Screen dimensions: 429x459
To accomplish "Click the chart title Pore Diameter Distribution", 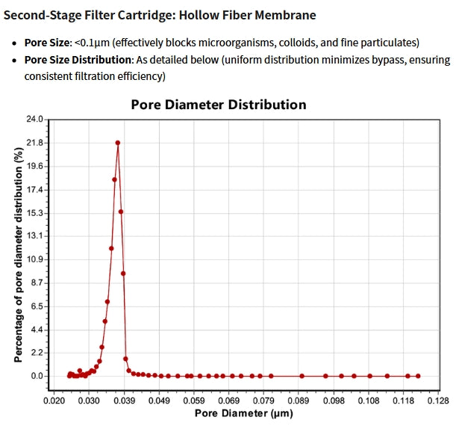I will (218, 105).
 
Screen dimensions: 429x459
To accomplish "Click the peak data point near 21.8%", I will (118, 143).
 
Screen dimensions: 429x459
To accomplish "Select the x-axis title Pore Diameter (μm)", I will (243, 413).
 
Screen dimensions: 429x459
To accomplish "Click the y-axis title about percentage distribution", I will (17, 254).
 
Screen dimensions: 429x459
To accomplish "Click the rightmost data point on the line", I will (418, 376).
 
